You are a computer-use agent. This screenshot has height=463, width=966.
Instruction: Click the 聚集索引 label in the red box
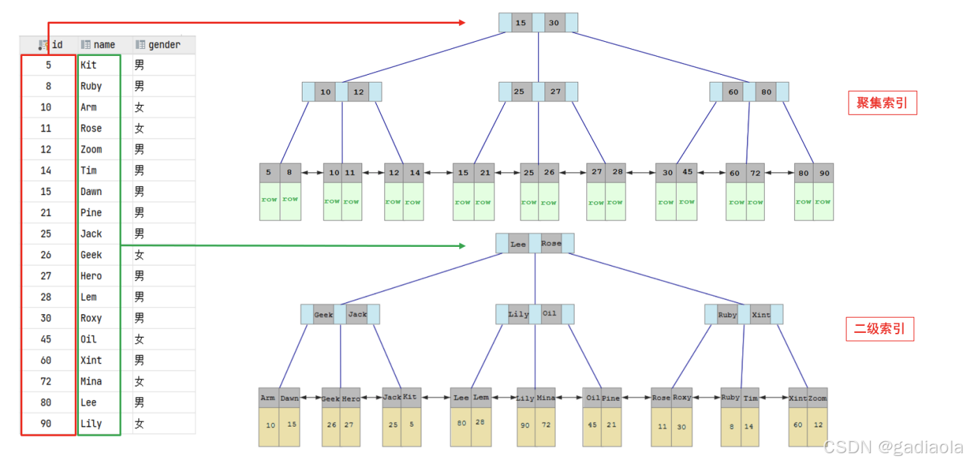pos(882,104)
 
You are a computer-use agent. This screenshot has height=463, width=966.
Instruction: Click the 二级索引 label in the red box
pos(879,329)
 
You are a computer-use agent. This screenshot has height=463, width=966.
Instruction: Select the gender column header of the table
pos(159,45)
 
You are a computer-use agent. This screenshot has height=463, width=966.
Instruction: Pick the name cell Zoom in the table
pos(91,150)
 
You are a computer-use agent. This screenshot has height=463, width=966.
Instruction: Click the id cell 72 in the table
pos(46,381)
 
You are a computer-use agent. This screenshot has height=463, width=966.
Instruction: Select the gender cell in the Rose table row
pos(140,129)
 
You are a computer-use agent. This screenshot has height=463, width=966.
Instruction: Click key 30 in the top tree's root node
pos(554,23)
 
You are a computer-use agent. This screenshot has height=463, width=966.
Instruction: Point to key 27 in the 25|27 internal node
pos(555,92)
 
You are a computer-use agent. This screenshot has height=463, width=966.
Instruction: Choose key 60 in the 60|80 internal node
pos(733,92)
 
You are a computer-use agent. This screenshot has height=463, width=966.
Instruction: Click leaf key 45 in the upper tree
pos(687,173)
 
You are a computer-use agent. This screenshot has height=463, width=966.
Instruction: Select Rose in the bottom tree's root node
pos(551,243)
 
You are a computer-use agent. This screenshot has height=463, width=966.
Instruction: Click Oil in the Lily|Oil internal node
pos(549,313)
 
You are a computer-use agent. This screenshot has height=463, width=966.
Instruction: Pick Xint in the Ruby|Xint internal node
pos(760,315)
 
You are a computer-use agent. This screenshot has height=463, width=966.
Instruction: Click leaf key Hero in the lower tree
pos(351,399)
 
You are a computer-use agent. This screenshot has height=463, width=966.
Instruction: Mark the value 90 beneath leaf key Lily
pos(526,425)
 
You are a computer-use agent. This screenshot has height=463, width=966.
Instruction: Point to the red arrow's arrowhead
pos(461,23)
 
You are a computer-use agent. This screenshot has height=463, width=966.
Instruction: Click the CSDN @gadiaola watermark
pos(893,447)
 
